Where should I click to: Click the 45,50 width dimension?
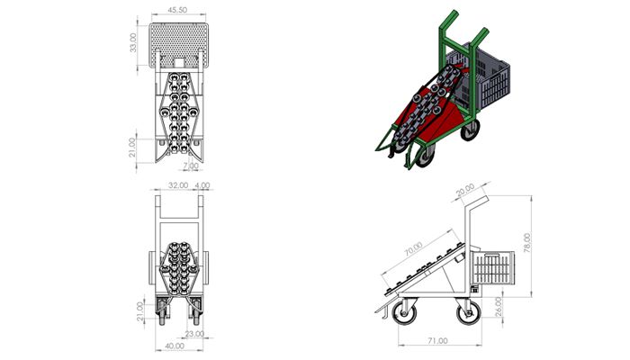pos(177,10)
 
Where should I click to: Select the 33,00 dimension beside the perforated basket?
pos(133,42)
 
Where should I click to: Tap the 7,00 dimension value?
pos(191,166)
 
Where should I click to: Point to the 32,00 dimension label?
pos(178,185)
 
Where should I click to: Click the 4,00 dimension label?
pos(202,185)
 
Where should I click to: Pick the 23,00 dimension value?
pos(195,334)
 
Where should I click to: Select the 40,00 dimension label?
pos(175,346)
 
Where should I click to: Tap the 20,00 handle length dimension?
pos(465,190)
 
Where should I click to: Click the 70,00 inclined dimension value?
pos(413,248)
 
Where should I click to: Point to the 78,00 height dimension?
pos(527,243)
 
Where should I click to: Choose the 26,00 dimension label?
pos(499,307)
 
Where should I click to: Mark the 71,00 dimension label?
pos(437,341)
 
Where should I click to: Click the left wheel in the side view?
pos(404,312)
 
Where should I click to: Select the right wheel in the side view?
pos(469,311)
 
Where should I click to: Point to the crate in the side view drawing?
pos(494,267)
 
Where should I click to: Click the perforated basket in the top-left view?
pos(179,45)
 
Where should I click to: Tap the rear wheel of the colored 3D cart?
pos(470,130)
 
